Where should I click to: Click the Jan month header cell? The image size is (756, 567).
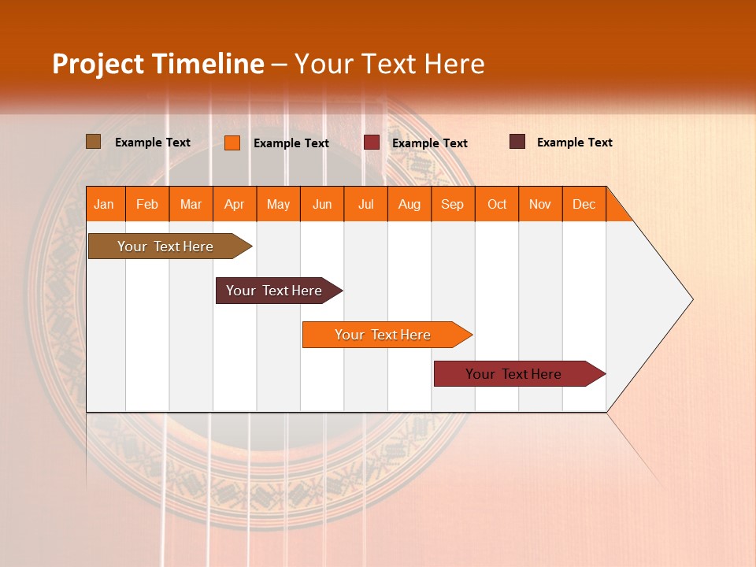click(x=105, y=204)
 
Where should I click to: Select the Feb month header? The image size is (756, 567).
click(x=147, y=204)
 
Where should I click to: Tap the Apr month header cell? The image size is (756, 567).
click(x=235, y=204)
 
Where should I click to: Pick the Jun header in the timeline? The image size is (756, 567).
click(x=322, y=204)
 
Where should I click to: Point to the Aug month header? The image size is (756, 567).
click(x=409, y=204)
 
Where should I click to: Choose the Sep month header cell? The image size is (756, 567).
click(x=453, y=204)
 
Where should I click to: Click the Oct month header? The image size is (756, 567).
click(x=497, y=204)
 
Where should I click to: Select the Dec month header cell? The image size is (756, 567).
click(x=584, y=204)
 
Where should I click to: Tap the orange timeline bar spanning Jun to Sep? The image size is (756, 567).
click(x=384, y=335)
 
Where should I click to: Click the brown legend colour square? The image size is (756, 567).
click(x=93, y=142)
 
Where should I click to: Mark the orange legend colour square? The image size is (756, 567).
click(x=232, y=143)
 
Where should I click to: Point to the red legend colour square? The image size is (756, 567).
click(x=372, y=143)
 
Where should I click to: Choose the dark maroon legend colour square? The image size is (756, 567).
click(x=517, y=142)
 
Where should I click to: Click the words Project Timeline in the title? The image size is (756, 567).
click(x=158, y=64)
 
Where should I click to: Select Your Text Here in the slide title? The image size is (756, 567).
click(x=389, y=64)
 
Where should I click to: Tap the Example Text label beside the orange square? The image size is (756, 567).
click(x=291, y=143)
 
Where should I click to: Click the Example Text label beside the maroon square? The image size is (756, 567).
click(x=575, y=143)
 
